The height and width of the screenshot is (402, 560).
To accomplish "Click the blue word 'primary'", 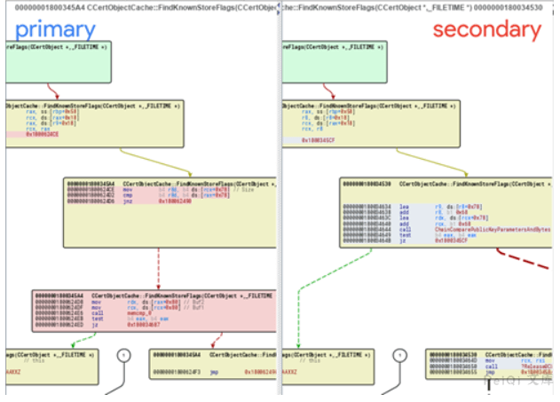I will pyautogui.click(x=54, y=29).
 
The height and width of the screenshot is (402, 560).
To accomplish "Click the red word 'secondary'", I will pyautogui.click(x=486, y=29).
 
